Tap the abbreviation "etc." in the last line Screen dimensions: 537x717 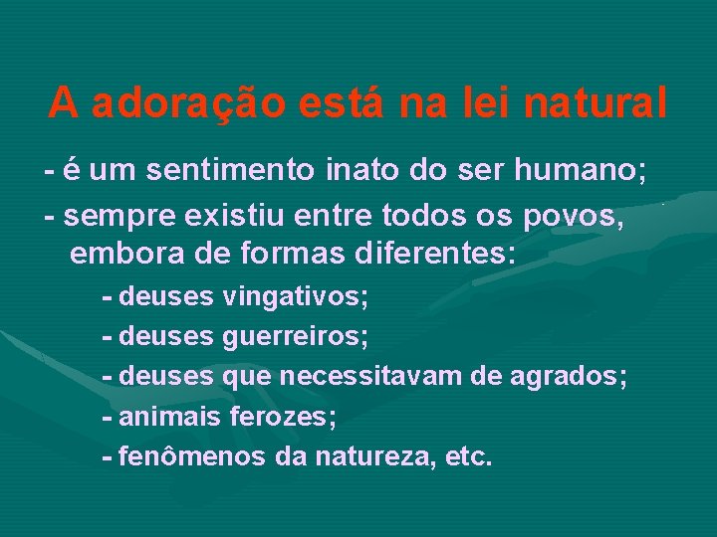[469, 456]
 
